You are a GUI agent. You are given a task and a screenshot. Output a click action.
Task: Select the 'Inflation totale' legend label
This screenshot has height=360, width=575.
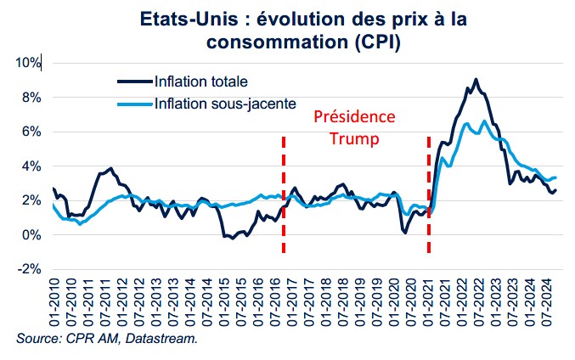tap(201, 82)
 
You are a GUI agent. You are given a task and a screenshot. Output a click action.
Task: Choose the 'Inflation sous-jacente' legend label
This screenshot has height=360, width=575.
tap(225, 104)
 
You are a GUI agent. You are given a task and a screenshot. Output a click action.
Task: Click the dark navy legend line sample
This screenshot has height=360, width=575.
tap(134, 82)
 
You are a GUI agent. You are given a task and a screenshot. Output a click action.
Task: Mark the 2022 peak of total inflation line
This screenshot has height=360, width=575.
tap(476, 80)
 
